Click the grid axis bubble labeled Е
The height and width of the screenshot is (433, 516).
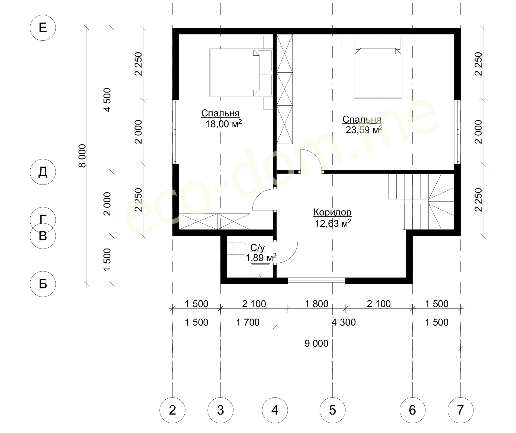[x=43, y=28]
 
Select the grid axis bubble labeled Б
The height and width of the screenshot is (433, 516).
[x=43, y=284]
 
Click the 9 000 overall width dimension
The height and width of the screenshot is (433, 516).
[x=316, y=343]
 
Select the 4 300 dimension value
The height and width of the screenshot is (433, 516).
[x=344, y=322]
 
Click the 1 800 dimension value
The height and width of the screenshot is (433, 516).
[x=316, y=304]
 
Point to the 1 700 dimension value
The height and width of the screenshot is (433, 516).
[x=248, y=322]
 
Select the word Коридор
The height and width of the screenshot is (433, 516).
[x=332, y=212]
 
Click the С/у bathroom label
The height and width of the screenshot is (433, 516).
[x=258, y=248]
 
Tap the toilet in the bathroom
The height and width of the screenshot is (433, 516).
[x=236, y=249]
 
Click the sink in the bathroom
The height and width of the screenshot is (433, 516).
[x=260, y=270]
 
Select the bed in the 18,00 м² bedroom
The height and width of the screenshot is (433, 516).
[x=241, y=72]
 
